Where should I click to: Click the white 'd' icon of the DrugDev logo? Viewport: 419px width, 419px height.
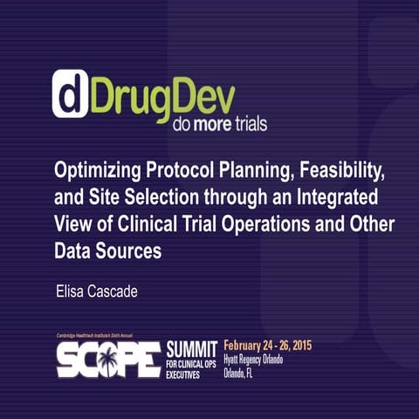(71, 93)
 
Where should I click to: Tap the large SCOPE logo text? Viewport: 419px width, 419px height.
(108, 359)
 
